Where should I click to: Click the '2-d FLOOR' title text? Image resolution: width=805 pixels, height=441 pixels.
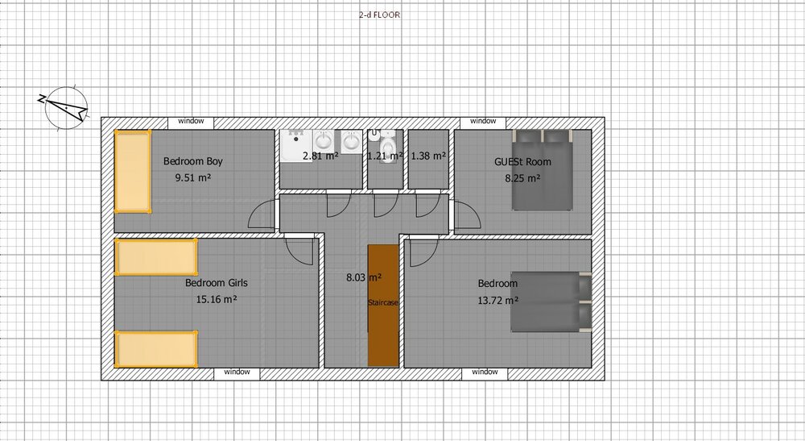379,15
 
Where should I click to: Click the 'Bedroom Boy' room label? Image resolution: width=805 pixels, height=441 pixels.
193,161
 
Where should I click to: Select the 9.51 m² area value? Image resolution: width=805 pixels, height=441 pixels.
193,178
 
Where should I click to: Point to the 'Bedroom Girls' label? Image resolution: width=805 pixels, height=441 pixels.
216,283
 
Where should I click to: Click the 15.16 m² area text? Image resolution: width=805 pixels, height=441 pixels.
216,299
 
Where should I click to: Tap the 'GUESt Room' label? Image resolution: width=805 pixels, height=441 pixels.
522,161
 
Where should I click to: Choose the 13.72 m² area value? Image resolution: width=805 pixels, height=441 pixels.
497,300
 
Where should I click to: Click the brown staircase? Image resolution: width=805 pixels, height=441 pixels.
383,306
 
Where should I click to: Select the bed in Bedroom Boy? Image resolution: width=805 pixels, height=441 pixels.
133,171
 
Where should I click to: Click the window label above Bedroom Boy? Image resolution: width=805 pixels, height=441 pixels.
191,121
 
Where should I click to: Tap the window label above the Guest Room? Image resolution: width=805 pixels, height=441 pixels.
483,121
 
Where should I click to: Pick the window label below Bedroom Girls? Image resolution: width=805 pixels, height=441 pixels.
237,372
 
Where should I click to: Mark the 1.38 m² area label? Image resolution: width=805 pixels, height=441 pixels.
428,156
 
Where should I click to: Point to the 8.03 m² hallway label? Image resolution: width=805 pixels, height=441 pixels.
364,277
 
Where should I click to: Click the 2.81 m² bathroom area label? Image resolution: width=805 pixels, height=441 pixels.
320,156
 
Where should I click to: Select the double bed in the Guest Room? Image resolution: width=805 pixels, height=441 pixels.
542,169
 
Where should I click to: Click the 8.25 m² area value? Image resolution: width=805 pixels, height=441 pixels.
522,178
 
